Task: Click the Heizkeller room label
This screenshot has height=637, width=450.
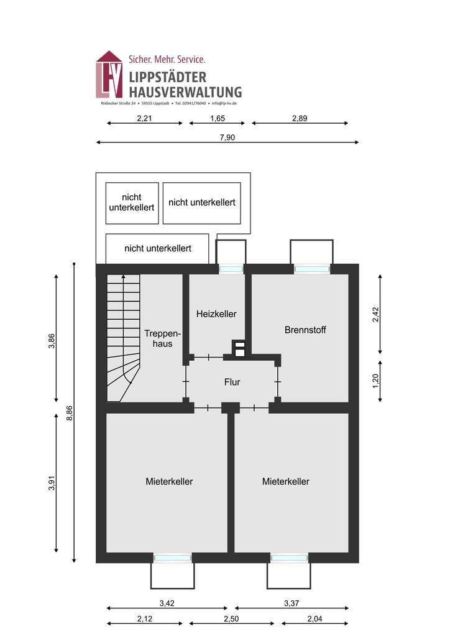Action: tap(216, 314)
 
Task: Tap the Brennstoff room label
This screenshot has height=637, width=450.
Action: tap(305, 330)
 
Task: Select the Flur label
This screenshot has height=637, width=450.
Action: tap(232, 382)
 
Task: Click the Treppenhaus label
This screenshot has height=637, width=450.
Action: tap(158, 338)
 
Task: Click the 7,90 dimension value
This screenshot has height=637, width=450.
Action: tap(227, 137)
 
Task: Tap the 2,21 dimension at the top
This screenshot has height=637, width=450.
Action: tap(144, 118)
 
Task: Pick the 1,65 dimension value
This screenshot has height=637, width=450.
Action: tap(217, 118)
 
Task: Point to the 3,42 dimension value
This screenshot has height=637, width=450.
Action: tap(167, 603)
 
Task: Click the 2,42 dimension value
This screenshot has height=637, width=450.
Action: tap(375, 315)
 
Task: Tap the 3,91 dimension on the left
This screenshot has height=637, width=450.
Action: tap(52, 483)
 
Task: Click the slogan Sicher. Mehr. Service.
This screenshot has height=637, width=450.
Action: tap(166, 60)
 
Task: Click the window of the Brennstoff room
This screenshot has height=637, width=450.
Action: tap(311, 269)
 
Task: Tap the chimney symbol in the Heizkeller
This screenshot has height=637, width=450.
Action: tap(239, 350)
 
